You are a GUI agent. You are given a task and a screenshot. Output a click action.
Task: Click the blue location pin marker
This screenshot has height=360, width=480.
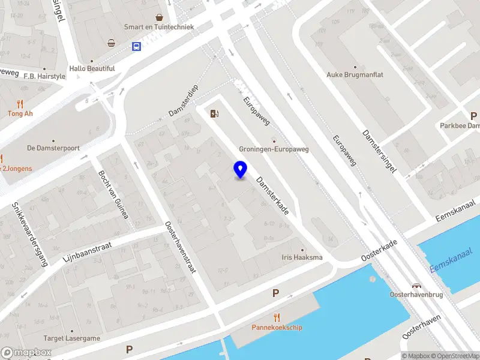point(240,170)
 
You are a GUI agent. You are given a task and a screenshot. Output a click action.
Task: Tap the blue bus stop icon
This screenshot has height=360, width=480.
point(137,46)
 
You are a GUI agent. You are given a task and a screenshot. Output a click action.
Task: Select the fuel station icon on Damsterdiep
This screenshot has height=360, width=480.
point(214,112)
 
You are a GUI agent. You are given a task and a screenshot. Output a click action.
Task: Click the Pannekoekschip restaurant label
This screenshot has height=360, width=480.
point(277,328)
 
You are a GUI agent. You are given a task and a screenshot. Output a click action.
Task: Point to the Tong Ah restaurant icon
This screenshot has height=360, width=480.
point(19,103)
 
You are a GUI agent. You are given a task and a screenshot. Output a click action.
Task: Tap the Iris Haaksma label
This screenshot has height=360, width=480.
point(302,257)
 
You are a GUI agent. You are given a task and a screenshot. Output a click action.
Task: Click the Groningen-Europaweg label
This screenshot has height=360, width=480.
point(274,149)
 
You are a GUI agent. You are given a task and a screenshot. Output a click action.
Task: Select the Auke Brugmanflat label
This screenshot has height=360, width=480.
point(354,75)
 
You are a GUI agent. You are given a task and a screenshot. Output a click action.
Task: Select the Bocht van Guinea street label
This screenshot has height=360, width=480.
point(113,195)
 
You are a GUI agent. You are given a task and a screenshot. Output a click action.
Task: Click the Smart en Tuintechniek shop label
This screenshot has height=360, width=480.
point(159,27)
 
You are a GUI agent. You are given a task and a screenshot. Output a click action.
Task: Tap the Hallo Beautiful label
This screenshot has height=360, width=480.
point(92,68)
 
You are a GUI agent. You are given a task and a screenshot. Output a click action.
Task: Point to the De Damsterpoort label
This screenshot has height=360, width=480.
point(53,148)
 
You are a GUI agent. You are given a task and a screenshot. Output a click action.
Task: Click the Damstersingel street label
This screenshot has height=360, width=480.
point(380,152)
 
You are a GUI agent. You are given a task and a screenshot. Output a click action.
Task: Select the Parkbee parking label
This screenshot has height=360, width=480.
point(460,126)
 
